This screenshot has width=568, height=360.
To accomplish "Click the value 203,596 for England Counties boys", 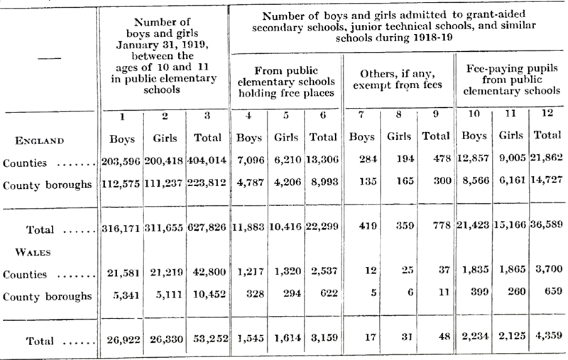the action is click(x=121, y=160).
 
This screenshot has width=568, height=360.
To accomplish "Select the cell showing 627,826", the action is click(x=207, y=227).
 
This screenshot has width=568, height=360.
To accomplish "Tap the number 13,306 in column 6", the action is click(x=322, y=159).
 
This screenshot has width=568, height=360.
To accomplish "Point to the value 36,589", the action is click(x=547, y=224).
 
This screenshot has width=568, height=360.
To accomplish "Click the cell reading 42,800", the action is click(x=209, y=272).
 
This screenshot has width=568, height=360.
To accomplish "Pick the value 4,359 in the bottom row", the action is click(x=549, y=335).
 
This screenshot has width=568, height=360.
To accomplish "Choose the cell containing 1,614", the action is click(x=288, y=337).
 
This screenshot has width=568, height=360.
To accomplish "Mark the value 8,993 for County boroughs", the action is click(x=324, y=182).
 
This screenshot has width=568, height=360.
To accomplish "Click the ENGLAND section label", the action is click(x=40, y=141).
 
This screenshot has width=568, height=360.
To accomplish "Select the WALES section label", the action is click(x=33, y=252).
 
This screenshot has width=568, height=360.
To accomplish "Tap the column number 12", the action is click(x=547, y=113).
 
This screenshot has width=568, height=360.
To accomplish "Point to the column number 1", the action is click(x=122, y=116).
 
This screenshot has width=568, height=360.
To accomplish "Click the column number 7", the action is click(x=361, y=114).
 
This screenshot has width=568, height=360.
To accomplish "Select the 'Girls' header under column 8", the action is click(x=399, y=136).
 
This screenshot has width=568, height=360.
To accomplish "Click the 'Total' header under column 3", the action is click(x=207, y=138).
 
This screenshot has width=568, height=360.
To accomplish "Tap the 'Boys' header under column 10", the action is click(x=474, y=136).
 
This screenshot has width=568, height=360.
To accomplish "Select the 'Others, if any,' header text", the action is click(x=398, y=74).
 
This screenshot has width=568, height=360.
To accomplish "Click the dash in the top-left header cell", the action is click(x=49, y=58).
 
